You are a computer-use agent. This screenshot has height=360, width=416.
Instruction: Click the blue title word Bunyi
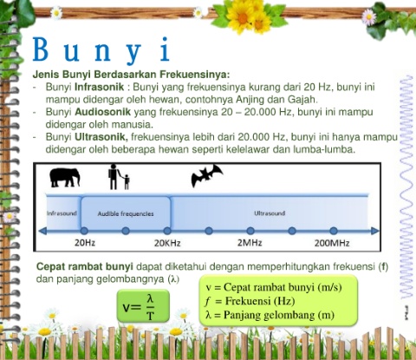tap(101, 49)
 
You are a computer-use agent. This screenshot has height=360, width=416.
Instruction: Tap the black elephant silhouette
tap(65, 177)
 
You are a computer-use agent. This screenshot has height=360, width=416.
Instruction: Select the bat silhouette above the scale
tap(206, 175)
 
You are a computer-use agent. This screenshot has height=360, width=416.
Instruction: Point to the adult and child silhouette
tap(119, 176)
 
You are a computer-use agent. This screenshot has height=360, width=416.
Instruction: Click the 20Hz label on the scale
tap(85, 243)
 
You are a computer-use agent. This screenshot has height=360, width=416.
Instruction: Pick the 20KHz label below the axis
tap(167, 243)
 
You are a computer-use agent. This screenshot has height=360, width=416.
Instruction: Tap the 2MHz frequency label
tap(250, 243)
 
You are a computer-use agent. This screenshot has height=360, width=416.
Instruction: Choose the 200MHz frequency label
tap(332, 243)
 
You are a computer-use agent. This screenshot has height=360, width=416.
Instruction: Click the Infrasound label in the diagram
tap(62, 213)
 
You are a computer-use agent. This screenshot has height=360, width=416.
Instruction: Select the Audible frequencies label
tap(126, 213)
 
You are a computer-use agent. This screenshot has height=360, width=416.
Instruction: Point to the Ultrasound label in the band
tap(270, 213)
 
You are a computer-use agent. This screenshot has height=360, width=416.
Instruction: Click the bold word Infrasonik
tap(100, 87)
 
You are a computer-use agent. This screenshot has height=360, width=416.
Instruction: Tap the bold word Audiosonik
tap(103, 112)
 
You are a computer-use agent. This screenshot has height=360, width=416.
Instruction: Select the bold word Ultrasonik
tap(101, 136)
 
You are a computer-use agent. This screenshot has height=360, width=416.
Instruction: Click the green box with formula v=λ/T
tap(143, 306)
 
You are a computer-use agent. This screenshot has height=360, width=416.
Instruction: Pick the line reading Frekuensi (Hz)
tap(250, 301)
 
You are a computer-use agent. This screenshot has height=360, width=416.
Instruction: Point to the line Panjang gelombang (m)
tap(270, 315)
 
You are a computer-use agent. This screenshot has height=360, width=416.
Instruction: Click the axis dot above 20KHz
tap(167, 231)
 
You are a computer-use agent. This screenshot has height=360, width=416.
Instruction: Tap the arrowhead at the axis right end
tap(374, 231)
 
